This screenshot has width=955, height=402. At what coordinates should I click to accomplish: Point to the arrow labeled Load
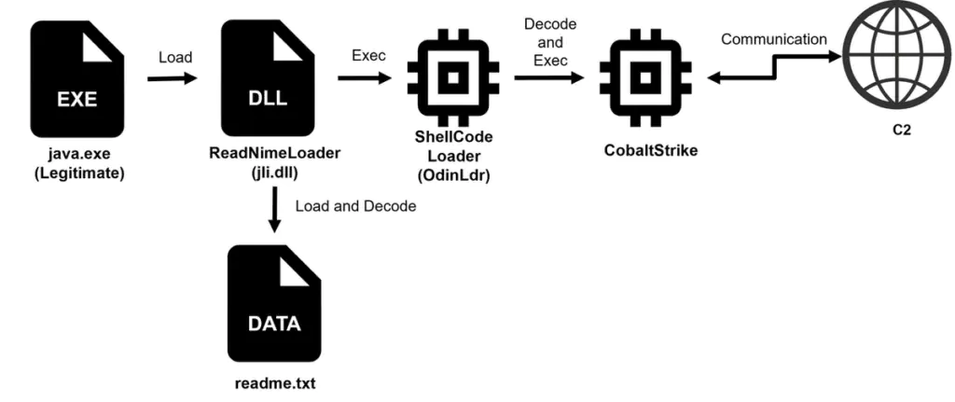(173, 78)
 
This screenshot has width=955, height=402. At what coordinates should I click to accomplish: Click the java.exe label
(76, 153)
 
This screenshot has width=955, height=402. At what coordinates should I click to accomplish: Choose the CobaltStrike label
(647, 148)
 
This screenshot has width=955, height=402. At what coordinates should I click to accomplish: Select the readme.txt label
(274, 382)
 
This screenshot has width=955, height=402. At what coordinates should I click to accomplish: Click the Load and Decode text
(355, 205)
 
